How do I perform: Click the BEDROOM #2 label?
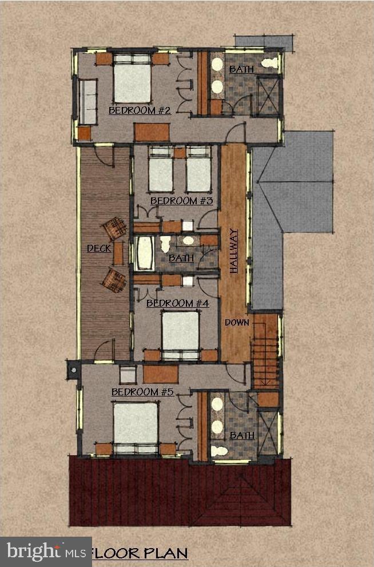pos(140,110)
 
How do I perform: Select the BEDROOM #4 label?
pos(178,303)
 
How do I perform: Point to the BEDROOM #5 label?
pos(142,392)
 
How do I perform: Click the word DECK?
pos(99,248)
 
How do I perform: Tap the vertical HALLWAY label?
pos(233,251)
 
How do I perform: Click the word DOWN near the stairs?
pos(237,322)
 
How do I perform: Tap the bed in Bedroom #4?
pos(180,334)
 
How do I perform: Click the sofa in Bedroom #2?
pos(87,102)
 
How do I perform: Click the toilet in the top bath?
pos(269,63)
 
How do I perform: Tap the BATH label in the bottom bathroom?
pos(241,436)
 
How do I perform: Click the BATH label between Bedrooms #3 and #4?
pos(181,259)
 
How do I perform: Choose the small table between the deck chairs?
pos(118,252)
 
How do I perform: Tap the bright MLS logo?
pos(46,552)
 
